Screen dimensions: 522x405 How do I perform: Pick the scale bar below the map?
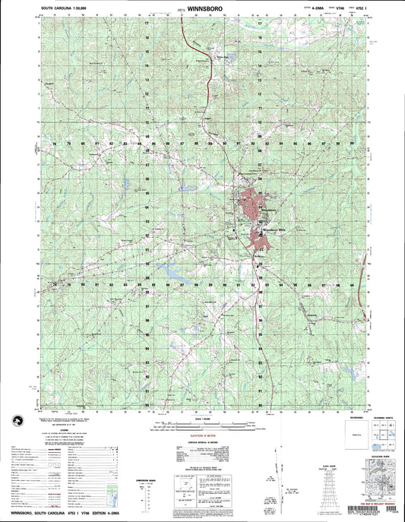[202, 422]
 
